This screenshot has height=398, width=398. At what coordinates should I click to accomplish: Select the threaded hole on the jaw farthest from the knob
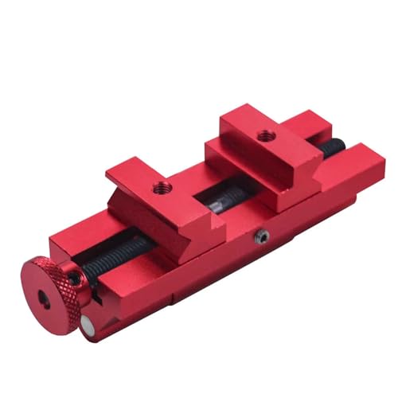263,136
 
